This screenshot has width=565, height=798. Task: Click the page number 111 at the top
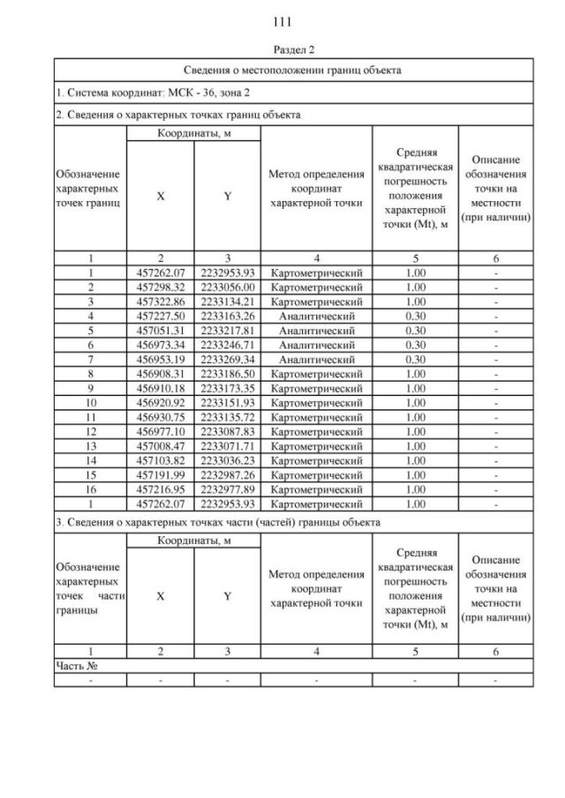(282, 21)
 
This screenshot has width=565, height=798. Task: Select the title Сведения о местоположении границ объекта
(293, 70)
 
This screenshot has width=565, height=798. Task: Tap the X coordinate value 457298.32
(160, 287)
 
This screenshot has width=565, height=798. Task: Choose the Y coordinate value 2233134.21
(228, 301)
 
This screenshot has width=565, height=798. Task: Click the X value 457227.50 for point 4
(160, 315)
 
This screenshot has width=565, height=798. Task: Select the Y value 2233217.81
(228, 329)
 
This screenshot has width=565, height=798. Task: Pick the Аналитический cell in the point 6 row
(316, 344)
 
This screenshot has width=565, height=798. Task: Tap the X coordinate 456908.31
(160, 373)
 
